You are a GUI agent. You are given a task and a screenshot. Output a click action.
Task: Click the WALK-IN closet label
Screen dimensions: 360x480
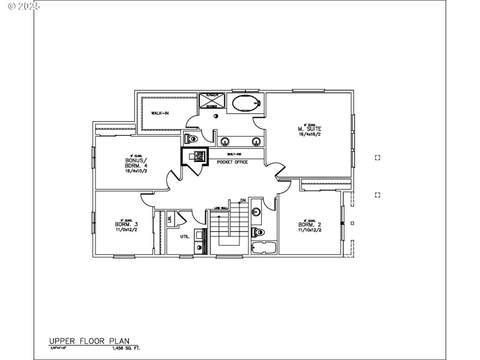click(x=159, y=113)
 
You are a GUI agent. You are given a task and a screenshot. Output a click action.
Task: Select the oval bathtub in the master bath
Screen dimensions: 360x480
click(x=246, y=103)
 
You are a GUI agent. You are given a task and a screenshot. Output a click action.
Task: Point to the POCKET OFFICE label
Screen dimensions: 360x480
click(x=232, y=162)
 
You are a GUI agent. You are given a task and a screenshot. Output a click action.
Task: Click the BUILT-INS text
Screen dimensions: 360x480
click(x=233, y=154)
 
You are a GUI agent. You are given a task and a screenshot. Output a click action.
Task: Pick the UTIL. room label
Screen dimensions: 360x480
click(x=185, y=236)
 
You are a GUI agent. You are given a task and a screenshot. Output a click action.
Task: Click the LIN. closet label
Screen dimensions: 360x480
click(x=170, y=219)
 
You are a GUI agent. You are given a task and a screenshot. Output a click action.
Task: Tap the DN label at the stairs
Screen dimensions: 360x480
click(x=243, y=200)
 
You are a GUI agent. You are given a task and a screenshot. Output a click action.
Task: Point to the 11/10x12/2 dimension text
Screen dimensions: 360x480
click(x=310, y=230)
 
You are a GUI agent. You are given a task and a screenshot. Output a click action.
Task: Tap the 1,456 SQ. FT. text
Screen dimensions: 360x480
click(x=126, y=347)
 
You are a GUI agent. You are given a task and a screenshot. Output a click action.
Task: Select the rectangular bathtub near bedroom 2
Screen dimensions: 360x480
click(x=262, y=248)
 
